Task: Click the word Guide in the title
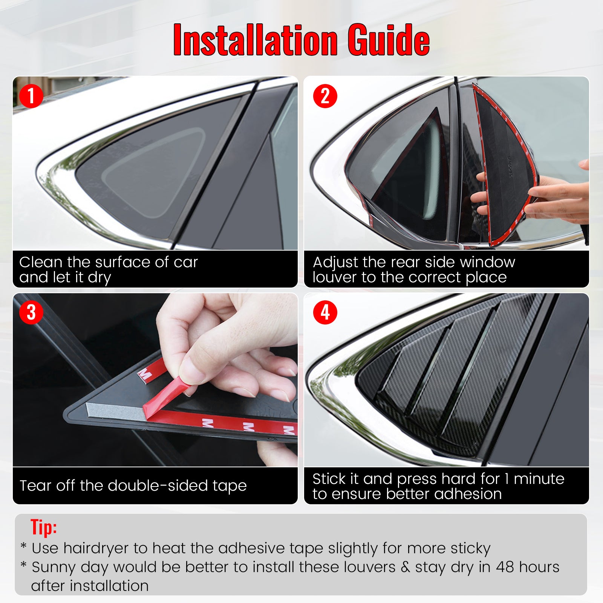click(x=389, y=40)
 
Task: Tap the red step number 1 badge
click(x=31, y=96)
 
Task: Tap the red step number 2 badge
click(x=325, y=96)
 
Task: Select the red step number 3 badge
click(x=31, y=312)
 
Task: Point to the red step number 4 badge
click(x=325, y=312)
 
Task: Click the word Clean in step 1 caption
click(x=41, y=262)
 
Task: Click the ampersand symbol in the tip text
click(x=406, y=567)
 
